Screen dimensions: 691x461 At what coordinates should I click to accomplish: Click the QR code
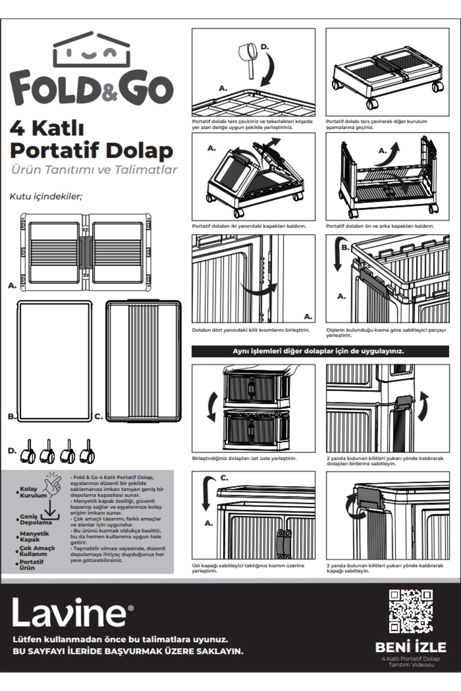coord(411,612)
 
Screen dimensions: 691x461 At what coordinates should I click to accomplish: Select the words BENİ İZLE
coord(411,647)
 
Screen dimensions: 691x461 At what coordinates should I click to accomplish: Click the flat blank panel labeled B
coord(55,361)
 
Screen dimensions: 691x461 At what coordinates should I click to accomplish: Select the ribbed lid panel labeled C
coord(143,361)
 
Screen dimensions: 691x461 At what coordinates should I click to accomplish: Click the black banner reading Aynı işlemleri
coord(320,351)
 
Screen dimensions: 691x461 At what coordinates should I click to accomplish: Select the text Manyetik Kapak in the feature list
coord(35,536)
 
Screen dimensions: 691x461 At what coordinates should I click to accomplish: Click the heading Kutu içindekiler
coord(46,197)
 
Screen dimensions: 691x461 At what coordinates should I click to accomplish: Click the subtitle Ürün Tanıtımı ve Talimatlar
coord(94,170)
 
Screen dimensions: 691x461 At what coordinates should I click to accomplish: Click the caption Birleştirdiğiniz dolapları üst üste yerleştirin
coord(244,458)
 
